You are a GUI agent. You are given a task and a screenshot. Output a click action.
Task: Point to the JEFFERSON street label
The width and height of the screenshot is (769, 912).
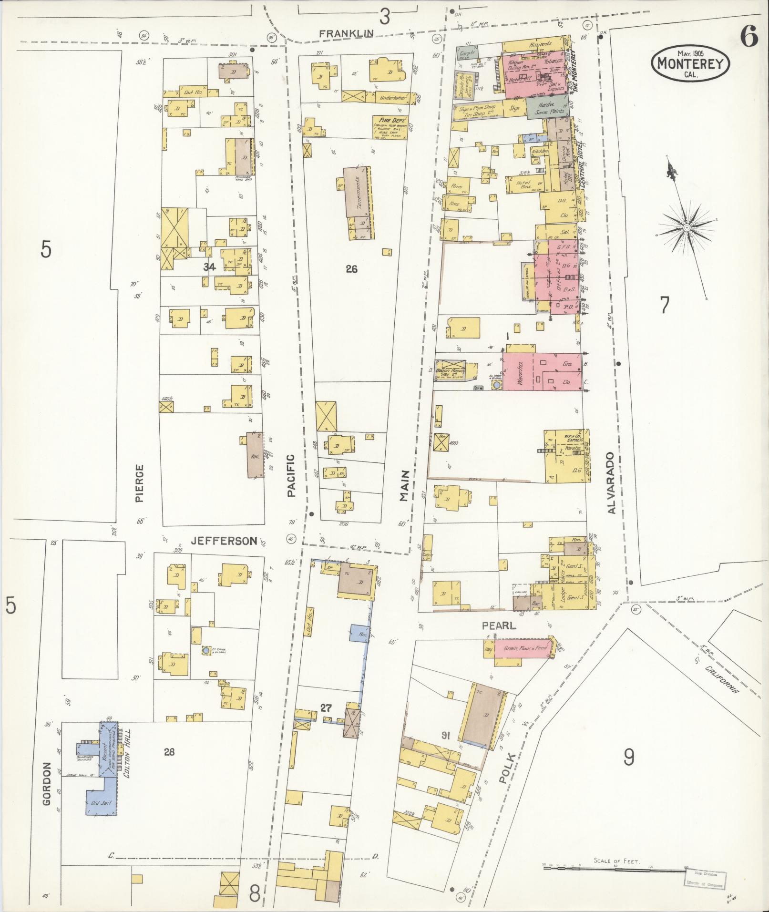[224, 541]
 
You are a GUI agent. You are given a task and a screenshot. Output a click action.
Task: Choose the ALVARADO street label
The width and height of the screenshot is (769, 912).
[612, 482]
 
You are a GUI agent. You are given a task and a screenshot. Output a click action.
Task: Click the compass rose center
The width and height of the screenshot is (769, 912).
[687, 228]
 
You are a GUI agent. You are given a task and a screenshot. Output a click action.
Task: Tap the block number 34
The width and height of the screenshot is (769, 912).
[210, 267]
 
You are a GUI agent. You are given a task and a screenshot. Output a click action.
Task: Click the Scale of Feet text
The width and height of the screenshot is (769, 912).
[617, 861]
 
